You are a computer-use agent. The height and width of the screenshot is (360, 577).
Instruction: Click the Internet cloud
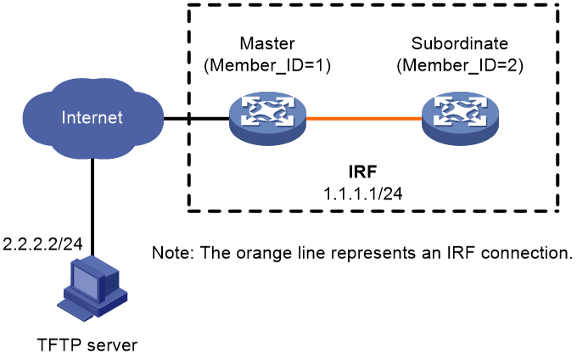(x=92, y=118)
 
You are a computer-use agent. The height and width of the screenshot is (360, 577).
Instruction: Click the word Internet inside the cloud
(x=92, y=118)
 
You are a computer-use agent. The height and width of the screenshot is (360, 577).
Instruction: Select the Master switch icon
(x=267, y=119)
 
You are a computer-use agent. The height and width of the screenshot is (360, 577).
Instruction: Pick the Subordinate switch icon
(x=460, y=119)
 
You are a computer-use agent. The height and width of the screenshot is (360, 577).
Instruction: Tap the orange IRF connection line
(x=364, y=119)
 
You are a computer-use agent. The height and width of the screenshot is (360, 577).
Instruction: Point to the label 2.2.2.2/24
(x=42, y=244)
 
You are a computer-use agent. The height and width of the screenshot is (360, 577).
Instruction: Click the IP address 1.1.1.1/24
(x=363, y=194)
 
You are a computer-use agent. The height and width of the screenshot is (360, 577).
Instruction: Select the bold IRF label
(x=363, y=172)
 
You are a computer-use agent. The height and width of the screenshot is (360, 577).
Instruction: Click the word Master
(x=267, y=44)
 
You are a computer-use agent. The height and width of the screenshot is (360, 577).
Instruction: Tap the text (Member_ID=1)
(x=267, y=65)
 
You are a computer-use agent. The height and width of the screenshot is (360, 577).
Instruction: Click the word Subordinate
(x=460, y=44)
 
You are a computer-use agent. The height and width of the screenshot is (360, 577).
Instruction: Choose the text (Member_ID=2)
(x=460, y=65)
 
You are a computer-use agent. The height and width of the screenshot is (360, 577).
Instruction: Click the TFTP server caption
(x=87, y=346)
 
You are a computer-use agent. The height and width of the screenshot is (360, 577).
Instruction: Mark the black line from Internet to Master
(x=197, y=119)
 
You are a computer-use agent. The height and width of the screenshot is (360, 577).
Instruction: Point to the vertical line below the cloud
(x=92, y=207)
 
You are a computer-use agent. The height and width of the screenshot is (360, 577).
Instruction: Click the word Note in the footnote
(x=171, y=253)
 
